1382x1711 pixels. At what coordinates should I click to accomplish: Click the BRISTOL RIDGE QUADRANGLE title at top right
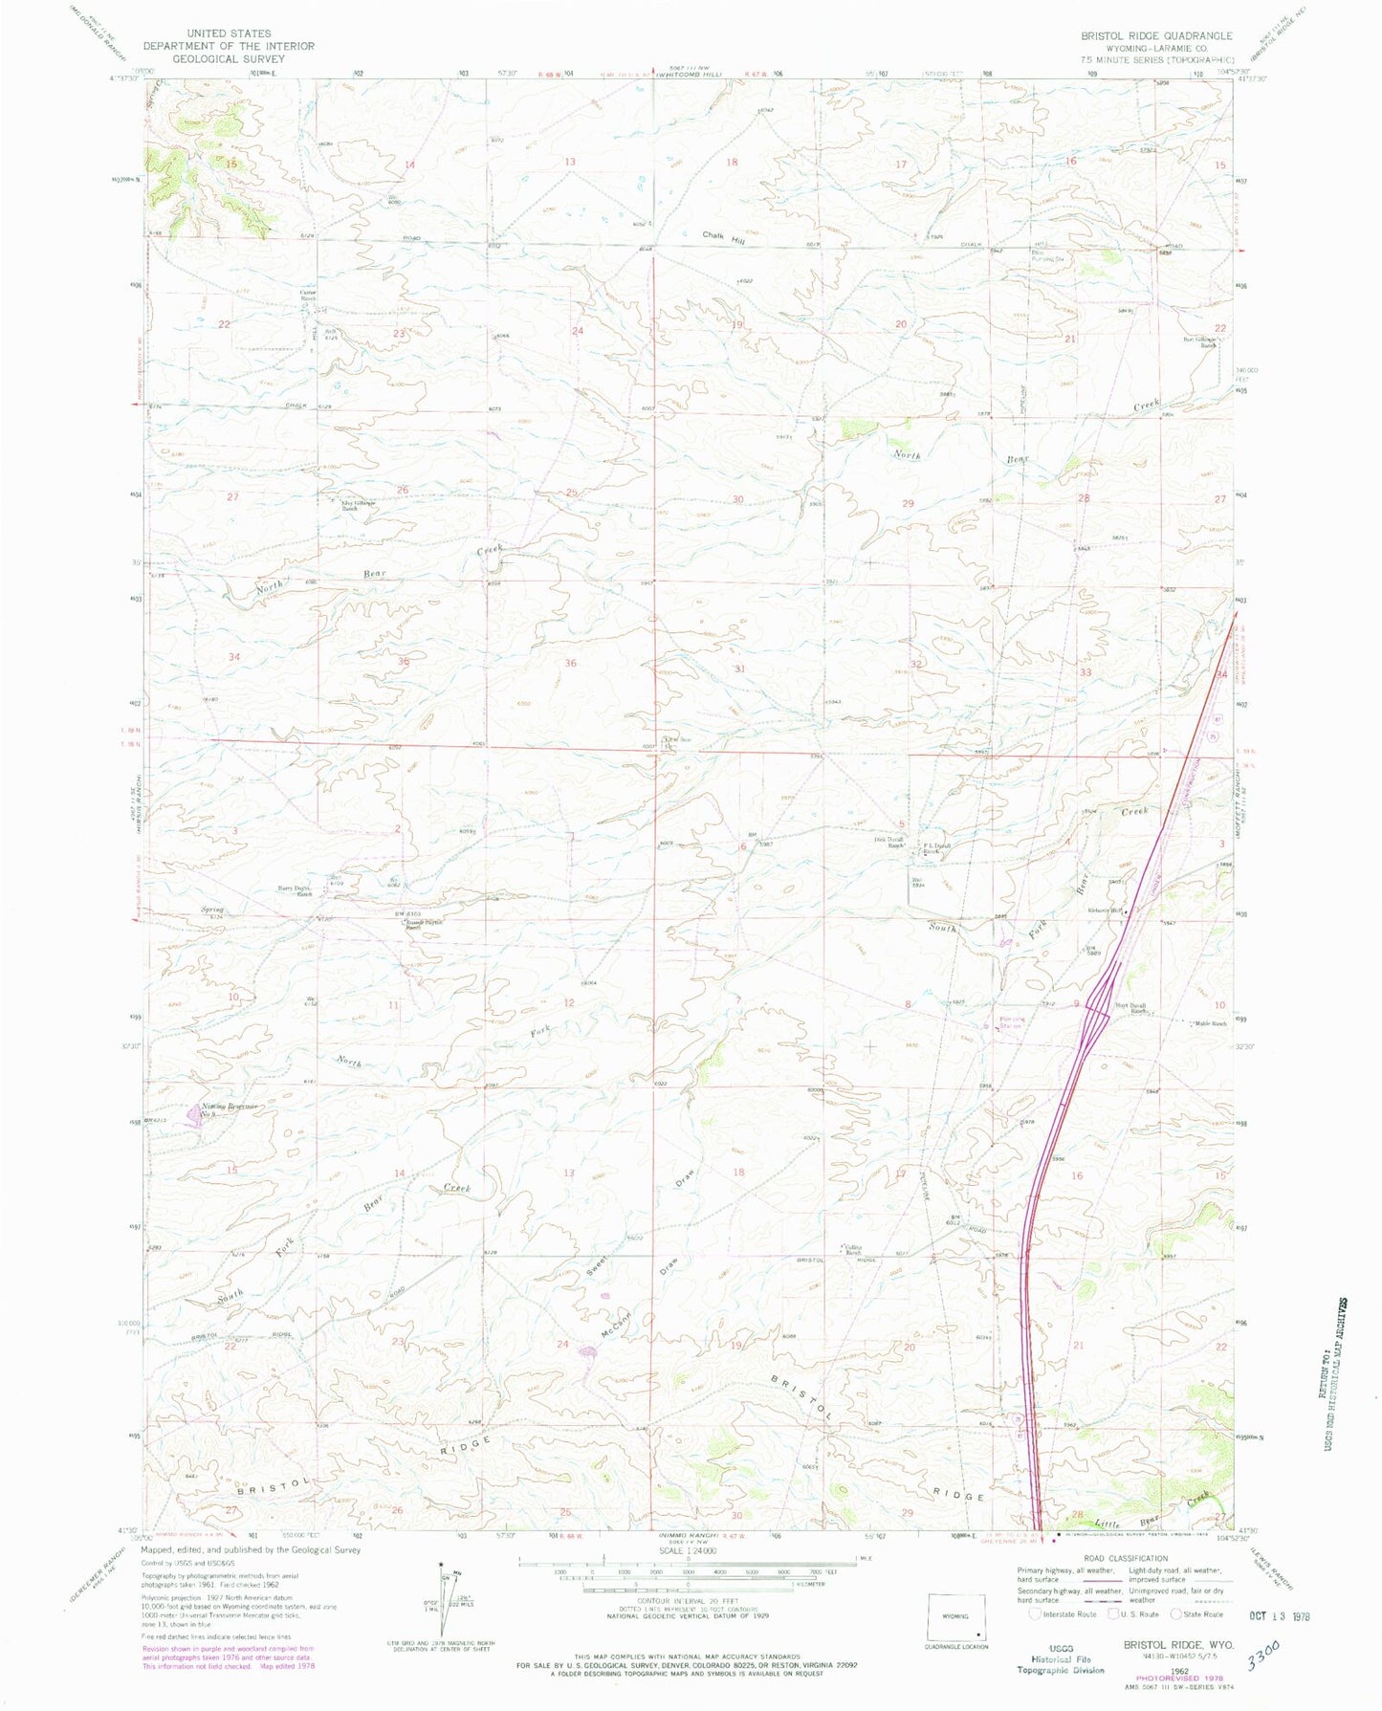[1156, 35]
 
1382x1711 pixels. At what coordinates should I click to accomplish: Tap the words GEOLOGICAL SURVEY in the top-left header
[229, 57]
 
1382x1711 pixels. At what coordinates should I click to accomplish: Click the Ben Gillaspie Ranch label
[1198, 341]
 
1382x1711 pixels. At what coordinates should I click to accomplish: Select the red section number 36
[571, 663]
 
